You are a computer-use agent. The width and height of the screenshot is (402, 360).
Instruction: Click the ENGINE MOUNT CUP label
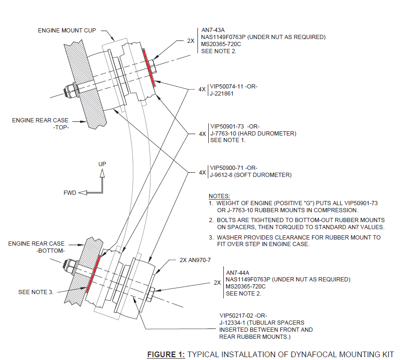pyautogui.click(x=67, y=31)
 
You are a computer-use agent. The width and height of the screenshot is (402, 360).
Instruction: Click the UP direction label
pyautogui.click(x=102, y=164)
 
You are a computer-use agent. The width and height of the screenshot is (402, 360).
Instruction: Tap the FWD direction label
pyautogui.click(x=70, y=193)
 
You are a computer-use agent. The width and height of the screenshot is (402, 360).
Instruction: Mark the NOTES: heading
pyautogui.click(x=219, y=196)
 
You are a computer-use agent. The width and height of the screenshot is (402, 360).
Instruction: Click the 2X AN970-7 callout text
pyautogui.click(x=197, y=260)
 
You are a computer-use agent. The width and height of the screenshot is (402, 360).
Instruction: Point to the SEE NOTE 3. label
pyautogui.click(x=36, y=292)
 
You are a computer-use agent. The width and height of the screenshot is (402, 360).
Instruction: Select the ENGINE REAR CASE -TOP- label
pyautogui.click(x=40, y=124)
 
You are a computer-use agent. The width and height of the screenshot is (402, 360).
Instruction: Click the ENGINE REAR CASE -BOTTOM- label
pyautogui.click(x=37, y=247)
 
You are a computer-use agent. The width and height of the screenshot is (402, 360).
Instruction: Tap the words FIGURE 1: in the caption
pyautogui.click(x=166, y=354)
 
